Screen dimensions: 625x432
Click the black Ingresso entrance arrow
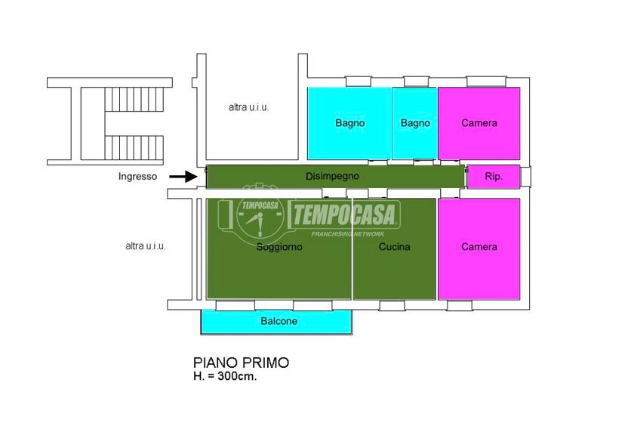[183, 176]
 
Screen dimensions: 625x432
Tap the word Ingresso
[137, 176]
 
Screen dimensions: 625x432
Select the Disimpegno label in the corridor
[332, 176]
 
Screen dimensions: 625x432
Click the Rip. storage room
[494, 176]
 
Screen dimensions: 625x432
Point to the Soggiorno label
[279, 246]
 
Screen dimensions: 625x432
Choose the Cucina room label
[394, 246]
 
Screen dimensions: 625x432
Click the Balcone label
[279, 321]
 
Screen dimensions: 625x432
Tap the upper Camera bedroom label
[479, 123]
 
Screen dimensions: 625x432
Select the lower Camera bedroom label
[479, 246]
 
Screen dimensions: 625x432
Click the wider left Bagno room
[349, 123]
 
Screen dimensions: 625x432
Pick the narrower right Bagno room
[415, 123]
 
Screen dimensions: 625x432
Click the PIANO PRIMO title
[241, 363]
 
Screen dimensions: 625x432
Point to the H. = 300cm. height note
[225, 376]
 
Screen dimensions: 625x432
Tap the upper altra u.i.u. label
[249, 107]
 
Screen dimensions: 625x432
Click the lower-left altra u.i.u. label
[146, 245]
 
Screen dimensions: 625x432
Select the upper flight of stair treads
[134, 100]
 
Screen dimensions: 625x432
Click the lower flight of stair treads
[134, 147]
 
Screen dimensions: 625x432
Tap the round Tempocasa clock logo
[260, 216]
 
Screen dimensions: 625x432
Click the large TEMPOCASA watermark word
[345, 214]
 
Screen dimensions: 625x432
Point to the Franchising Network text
[347, 234]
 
